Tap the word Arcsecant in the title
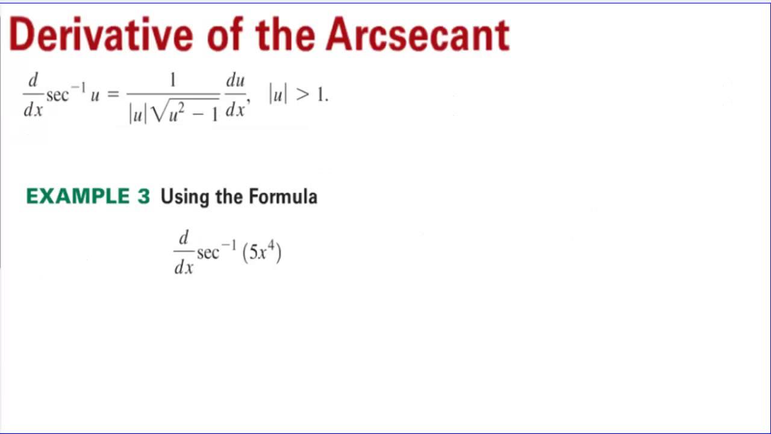(417, 35)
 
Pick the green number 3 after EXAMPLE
(143, 197)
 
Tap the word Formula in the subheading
(283, 197)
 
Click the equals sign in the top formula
(113, 95)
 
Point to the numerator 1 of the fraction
(173, 80)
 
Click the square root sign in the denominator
(158, 112)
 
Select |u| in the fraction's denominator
(137, 113)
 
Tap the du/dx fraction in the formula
(235, 95)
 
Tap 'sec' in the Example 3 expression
(208, 253)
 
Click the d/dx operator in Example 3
(184, 253)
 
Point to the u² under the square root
(176, 112)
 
